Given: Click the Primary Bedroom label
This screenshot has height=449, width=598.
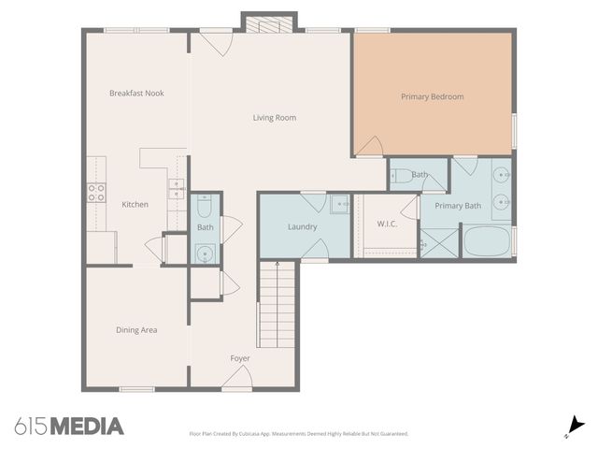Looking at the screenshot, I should point(432,96).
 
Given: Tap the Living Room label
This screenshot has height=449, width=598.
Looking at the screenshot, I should point(275,118).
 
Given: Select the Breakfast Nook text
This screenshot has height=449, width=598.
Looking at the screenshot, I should point(136,93).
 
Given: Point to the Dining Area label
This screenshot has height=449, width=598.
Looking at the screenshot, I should point(136,329).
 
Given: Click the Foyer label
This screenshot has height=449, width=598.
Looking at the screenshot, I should point(240,358).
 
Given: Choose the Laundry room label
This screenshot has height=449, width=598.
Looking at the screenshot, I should point(303,226).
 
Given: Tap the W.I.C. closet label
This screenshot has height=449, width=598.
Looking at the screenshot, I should point(388,224).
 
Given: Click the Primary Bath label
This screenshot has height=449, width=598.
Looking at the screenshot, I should point(458,206).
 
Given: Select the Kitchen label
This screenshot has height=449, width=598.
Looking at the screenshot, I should point(135,204).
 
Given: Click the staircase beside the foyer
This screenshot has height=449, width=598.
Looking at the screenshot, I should point(276,305).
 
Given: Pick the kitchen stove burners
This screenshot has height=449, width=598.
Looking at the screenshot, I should point(96,192).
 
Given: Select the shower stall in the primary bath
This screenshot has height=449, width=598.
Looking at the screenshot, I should point(439,243).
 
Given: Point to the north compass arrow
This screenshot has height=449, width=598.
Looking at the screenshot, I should point(573,427).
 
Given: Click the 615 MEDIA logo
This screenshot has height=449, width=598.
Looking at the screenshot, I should point(69,427).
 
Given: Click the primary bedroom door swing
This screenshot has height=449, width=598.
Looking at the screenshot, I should point(370,146).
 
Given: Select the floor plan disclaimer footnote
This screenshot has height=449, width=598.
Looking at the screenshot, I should point(299,434).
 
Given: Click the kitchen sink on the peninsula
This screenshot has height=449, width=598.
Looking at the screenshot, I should point(177,187).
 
